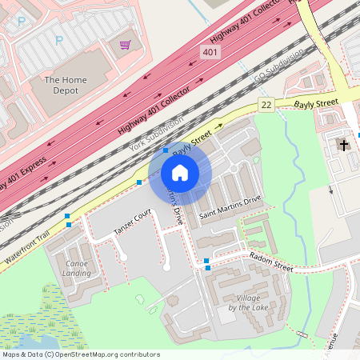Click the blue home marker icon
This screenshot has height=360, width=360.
[180, 173]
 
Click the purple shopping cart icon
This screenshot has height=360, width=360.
[125, 45]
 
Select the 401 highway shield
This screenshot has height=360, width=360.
[210, 53]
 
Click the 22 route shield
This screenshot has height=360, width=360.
[266, 106]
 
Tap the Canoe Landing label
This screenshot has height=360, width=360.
[77, 268]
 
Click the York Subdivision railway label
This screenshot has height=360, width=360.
[156, 135]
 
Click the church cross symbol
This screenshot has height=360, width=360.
[345, 145]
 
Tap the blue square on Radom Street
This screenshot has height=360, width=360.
[206, 262]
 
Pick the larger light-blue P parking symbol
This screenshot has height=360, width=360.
[58, 39]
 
